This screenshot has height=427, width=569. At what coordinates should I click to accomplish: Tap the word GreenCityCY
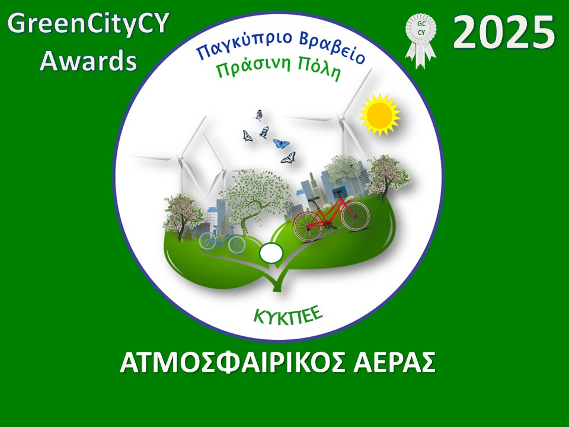[88, 25]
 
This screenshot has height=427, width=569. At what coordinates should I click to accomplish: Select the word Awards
[88, 60]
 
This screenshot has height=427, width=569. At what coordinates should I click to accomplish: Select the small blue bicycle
[222, 240]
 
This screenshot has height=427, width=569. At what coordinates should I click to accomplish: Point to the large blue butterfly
[281, 144]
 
